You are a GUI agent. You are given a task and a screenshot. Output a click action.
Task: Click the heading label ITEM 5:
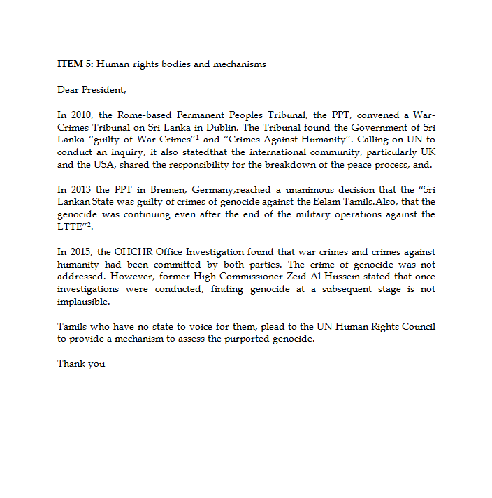pyautogui.click(x=75, y=64)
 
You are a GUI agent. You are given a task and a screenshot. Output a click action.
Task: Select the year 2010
pyautogui.click(x=79, y=115)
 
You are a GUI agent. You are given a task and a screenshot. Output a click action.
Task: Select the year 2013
pyautogui.click(x=78, y=189)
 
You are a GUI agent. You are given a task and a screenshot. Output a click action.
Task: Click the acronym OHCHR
pyautogui.click(x=130, y=252)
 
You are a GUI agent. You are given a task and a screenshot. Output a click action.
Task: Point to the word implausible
pyautogui.click(x=82, y=302)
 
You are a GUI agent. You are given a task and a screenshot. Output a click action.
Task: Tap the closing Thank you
pyautogui.click(x=81, y=364)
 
